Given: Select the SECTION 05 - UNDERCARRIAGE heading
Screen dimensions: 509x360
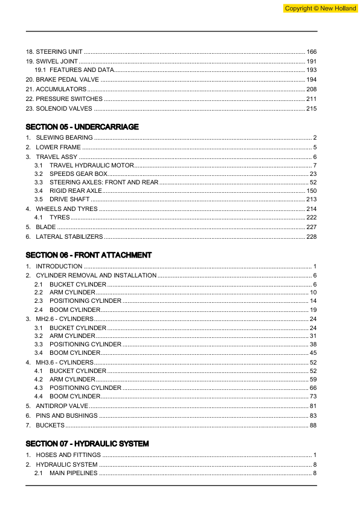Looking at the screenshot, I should (x=82, y=127).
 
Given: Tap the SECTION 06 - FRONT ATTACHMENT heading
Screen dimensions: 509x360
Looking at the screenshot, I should (x=89, y=255).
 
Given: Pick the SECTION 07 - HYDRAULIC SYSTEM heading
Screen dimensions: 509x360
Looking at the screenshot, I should (x=87, y=444).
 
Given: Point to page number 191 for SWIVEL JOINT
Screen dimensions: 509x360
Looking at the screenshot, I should (x=312, y=62).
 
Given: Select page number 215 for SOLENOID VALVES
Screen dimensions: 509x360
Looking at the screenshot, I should (x=312, y=108).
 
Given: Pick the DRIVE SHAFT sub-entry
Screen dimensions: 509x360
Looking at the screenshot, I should (x=69, y=199).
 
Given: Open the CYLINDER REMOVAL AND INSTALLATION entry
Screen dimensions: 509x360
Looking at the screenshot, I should (x=96, y=275).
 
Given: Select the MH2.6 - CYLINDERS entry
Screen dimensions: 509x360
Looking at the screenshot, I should (x=65, y=318).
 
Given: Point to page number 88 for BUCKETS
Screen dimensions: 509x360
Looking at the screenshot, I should (x=313, y=426).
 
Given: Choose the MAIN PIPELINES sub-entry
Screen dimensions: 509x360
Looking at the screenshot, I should (x=73, y=473).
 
